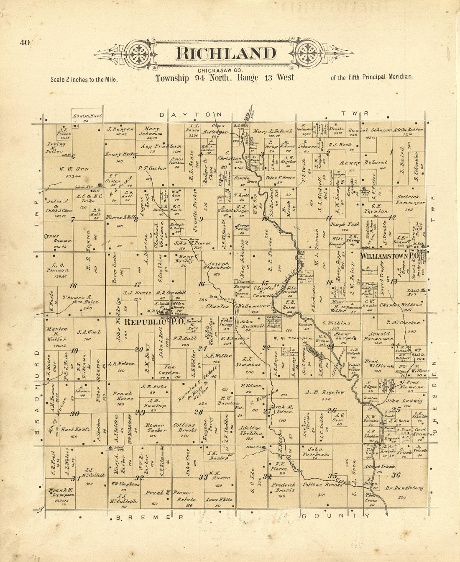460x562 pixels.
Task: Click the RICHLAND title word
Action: pos(226,54)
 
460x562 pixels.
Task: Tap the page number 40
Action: pos(24,42)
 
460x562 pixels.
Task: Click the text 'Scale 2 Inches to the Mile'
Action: pos(84,79)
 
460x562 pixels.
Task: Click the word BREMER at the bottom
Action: pos(144,518)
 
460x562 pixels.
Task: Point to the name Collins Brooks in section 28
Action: pos(185,427)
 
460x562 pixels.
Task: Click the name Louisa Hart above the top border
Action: pos(87,116)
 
